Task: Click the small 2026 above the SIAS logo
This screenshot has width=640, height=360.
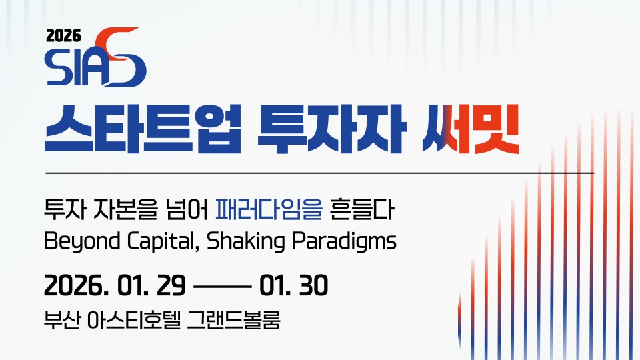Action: click(x=64, y=36)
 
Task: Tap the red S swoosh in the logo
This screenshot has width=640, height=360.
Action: click(x=119, y=57)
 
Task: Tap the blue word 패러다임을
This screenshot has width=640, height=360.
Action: click(x=269, y=209)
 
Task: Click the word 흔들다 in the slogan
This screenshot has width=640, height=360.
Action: click(x=362, y=209)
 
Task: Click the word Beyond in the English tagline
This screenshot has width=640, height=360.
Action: click(x=82, y=241)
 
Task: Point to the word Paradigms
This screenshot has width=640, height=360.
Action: click(x=344, y=241)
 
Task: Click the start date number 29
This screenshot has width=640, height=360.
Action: click(x=171, y=285)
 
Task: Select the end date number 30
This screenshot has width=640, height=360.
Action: click(x=313, y=285)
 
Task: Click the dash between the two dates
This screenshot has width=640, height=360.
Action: click(x=223, y=287)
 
